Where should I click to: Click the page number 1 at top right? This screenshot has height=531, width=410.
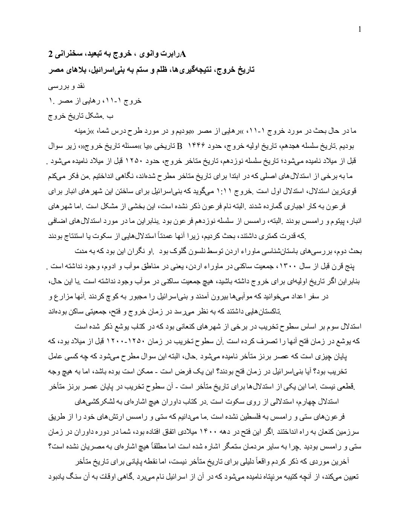click(x=360, y=29)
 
